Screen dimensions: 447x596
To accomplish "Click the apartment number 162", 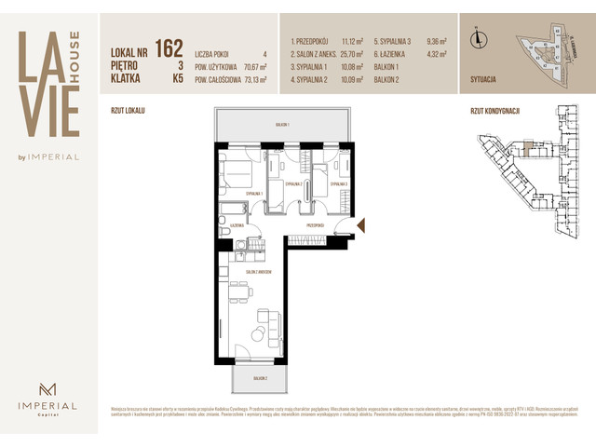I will coord(169,47).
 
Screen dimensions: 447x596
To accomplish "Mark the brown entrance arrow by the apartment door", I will coord(362,224).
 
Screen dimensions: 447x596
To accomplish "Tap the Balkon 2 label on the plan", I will coord(258,379).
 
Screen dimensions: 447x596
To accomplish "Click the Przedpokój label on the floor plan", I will coord(315,225).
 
